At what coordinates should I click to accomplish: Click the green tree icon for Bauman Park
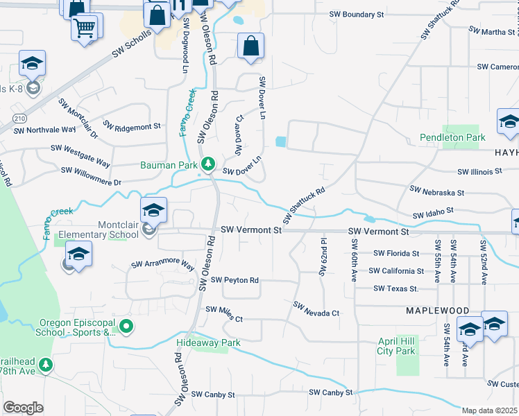pyautogui.click(x=207, y=164)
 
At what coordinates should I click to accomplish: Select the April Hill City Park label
pyautogui.click(x=396, y=346)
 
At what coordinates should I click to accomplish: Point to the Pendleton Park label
pyautogui.click(x=452, y=138)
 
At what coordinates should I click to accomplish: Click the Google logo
pyautogui.click(x=23, y=408)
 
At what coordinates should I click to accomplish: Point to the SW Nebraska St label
pyautogui.click(x=436, y=191)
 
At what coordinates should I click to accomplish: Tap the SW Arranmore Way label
pyautogui.click(x=163, y=264)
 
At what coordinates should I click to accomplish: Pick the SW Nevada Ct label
pyautogui.click(x=316, y=309)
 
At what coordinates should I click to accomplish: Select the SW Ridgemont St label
pyautogui.click(x=132, y=126)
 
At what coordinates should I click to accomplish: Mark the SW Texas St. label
pyautogui.click(x=395, y=288)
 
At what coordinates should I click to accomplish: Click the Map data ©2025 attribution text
pyautogui.click(x=490, y=410)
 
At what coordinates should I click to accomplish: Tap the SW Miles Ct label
pyautogui.click(x=221, y=315)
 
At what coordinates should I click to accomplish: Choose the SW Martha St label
pyautogui.click(x=492, y=31)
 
